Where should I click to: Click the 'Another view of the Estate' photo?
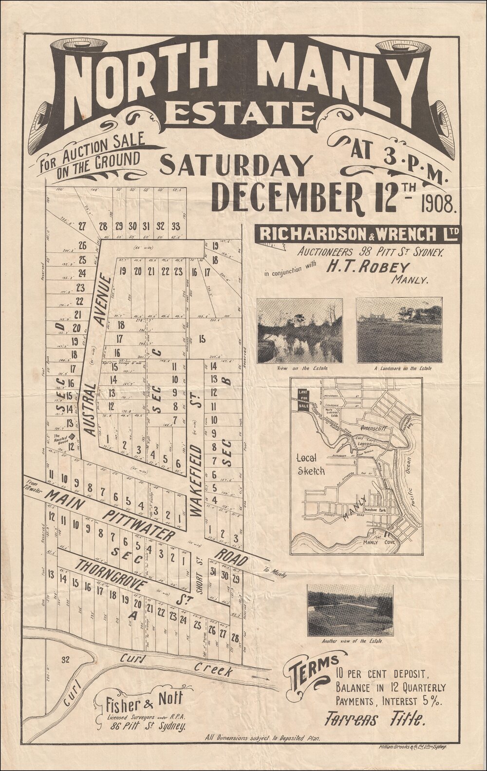click(350, 610)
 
